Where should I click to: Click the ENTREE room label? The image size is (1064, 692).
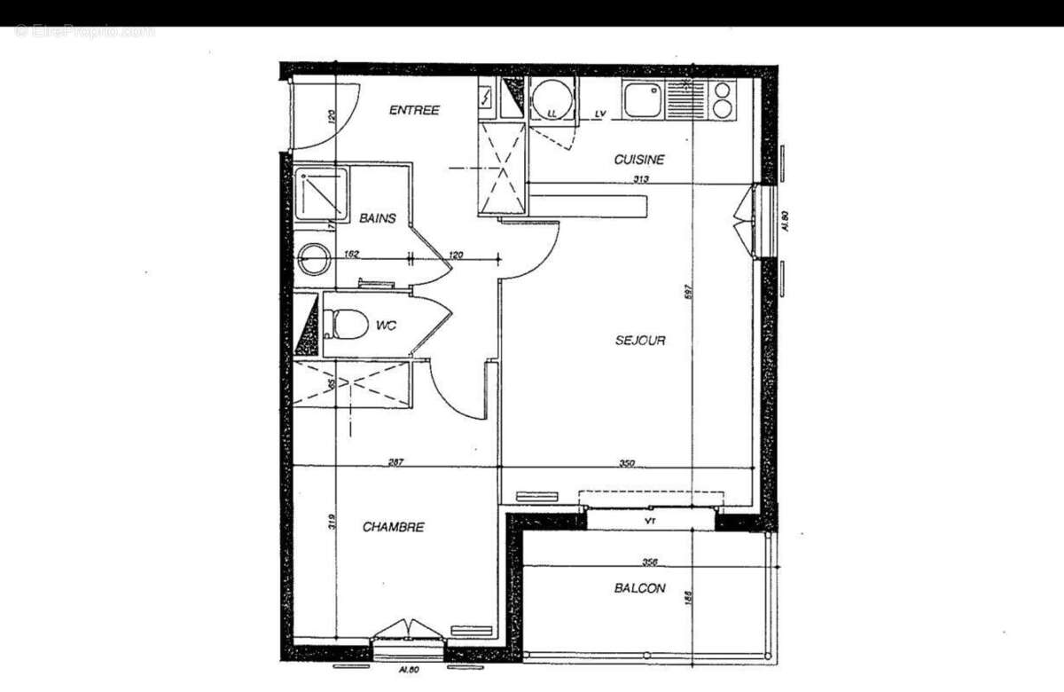pos(414,110)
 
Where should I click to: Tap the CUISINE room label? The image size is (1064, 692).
pos(639,160)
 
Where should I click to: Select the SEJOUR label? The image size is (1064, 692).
pos(640,340)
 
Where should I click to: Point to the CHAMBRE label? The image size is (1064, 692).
pos(393,527)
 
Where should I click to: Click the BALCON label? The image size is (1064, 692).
pos(639,588)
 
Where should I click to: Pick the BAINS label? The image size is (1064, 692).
pos(377,218)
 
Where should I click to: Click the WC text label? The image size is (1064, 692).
pos(385,326)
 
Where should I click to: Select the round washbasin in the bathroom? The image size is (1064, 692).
pos(312,259)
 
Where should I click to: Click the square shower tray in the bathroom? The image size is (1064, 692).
pos(320,193)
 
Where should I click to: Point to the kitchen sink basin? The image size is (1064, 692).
pos(641,99)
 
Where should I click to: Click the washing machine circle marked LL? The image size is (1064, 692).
pos(551,99)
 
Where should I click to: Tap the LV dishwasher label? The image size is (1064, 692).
pos(600,114)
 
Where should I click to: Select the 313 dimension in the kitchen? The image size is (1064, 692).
pos(641,179)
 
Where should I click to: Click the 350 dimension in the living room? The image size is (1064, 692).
pos(627,463)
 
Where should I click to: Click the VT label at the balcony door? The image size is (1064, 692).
pos(650,519)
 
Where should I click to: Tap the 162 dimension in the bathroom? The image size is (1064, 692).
pos(350,255)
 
